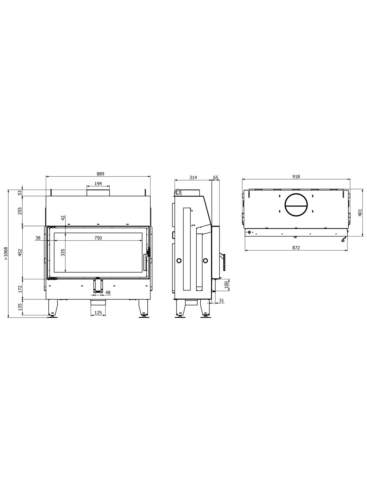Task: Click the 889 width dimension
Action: tap(101, 174)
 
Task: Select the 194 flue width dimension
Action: tap(98, 183)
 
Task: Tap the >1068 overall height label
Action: tap(6, 253)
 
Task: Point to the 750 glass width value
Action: tap(98, 238)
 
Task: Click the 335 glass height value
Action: tap(63, 252)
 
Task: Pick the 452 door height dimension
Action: tap(20, 252)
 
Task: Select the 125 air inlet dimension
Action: tap(98, 313)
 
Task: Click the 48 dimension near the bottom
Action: tap(108, 293)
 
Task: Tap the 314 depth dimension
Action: tap(193, 177)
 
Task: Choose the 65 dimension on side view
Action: tap(216, 177)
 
